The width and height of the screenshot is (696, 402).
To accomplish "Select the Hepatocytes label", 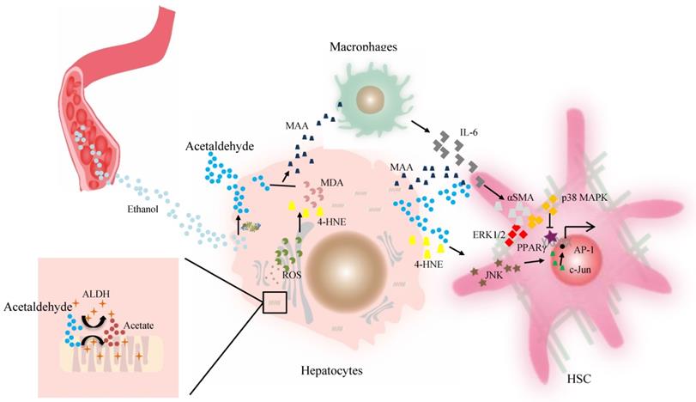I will [x=331, y=371].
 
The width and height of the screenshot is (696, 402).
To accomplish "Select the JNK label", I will [x=493, y=275].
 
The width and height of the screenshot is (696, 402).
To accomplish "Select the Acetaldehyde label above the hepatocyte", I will [x=219, y=147].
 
